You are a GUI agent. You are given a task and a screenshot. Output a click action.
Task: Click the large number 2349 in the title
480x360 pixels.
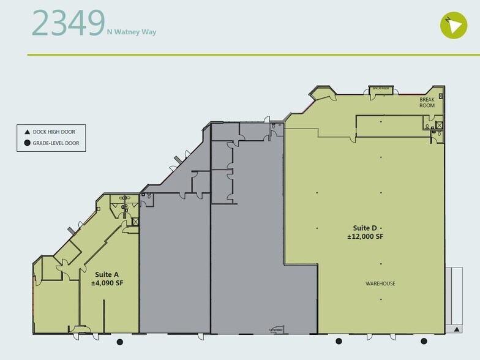[67, 23]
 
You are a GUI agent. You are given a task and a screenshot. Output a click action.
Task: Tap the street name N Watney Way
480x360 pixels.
[132, 32]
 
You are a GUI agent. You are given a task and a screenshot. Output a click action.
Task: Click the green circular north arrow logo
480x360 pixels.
[453, 24]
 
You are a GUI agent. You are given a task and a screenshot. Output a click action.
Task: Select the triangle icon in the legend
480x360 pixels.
[27, 132]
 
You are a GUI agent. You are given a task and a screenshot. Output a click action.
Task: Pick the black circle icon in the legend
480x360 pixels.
[27, 144]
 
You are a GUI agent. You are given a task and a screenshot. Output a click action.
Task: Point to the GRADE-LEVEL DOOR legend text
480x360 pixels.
[56, 144]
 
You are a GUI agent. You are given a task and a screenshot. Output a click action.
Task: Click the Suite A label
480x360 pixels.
[107, 275]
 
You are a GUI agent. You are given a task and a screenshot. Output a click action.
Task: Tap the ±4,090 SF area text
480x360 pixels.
[107, 283]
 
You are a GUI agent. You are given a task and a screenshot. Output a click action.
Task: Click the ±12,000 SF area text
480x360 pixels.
[366, 236]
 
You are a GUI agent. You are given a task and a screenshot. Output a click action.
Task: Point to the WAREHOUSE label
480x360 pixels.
[380, 283]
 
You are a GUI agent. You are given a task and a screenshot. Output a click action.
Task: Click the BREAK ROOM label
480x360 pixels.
[427, 102]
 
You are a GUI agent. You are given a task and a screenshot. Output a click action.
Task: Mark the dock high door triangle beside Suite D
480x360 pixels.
[457, 329]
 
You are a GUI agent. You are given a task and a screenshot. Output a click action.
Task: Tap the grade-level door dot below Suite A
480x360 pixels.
[120, 342]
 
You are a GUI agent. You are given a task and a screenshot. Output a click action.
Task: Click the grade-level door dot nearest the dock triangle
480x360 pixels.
[423, 342]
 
